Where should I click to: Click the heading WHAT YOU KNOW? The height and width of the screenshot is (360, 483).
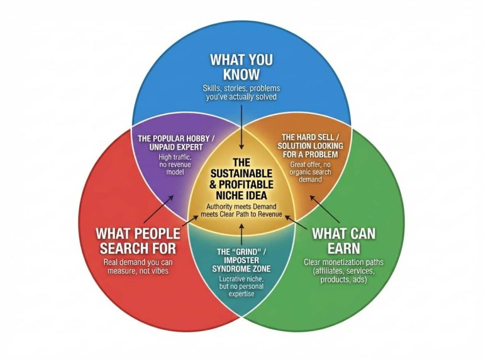click(241, 67)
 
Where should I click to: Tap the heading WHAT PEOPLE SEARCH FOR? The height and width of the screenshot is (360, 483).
click(138, 241)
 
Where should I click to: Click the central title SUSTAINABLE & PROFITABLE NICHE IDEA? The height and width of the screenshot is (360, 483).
click(241, 178)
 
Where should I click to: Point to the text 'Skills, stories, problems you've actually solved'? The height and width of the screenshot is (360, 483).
click(241, 92)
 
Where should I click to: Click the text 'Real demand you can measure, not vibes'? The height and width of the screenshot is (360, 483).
click(138, 266)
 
